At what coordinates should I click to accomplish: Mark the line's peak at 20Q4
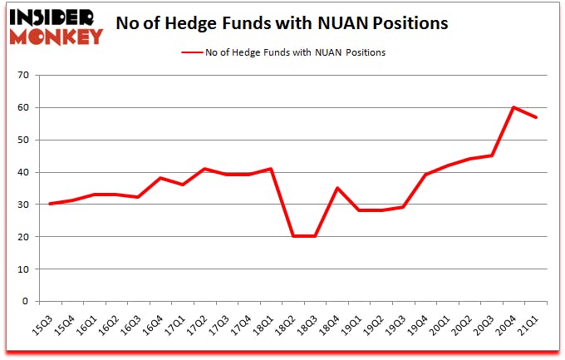[x=513, y=107]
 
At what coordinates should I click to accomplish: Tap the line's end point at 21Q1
[x=536, y=117]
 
